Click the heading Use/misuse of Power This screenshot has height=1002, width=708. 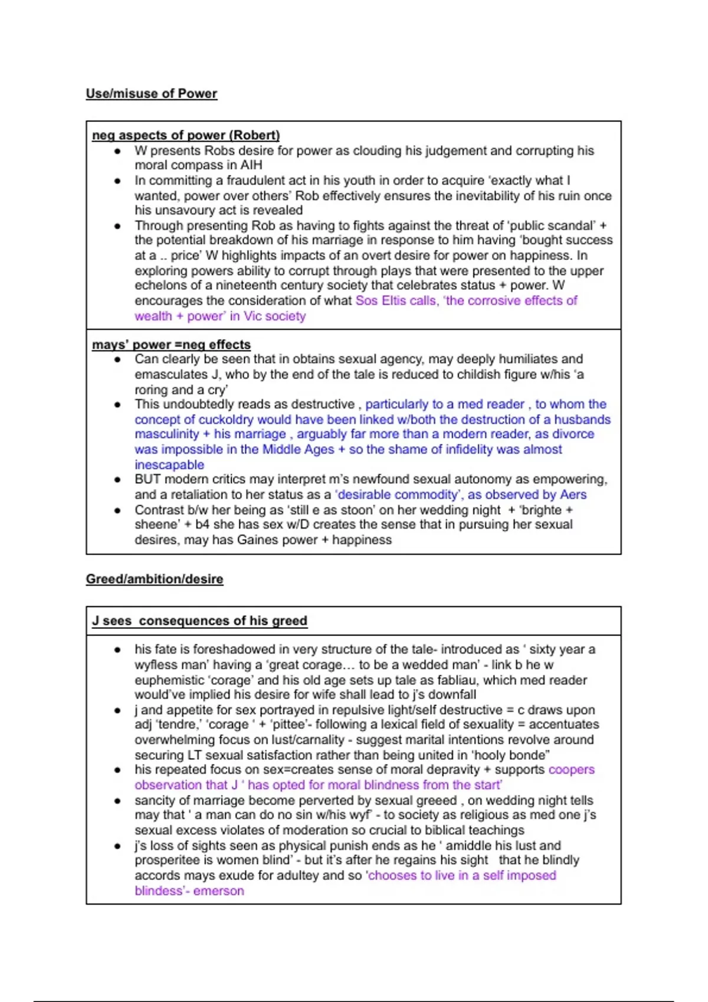click(x=152, y=94)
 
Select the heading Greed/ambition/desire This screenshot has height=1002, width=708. click(x=155, y=579)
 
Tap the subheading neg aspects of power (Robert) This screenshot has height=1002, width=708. click(x=186, y=135)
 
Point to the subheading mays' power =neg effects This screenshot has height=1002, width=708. click(x=171, y=344)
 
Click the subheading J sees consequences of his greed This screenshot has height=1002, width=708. click(x=199, y=621)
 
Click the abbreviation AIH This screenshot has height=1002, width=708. click(x=251, y=166)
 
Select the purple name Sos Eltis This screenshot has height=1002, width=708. click(x=381, y=301)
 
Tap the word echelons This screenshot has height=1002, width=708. click(x=158, y=285)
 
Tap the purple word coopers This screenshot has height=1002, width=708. click(x=571, y=770)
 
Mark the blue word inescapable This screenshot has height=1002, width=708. click(x=169, y=464)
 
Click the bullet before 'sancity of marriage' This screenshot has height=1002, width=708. click(x=118, y=801)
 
